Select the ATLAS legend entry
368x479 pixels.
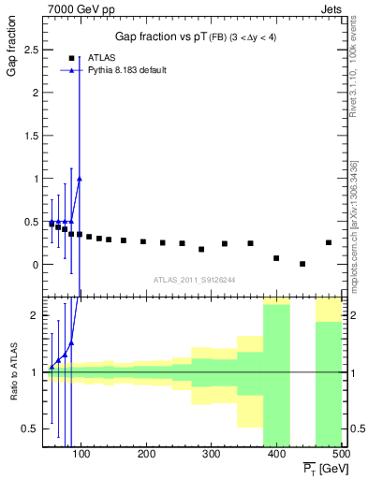click(x=101, y=57)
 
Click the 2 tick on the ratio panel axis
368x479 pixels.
click(x=35, y=315)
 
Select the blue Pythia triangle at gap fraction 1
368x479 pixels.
click(x=80, y=179)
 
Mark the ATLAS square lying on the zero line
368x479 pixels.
click(x=302, y=264)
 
